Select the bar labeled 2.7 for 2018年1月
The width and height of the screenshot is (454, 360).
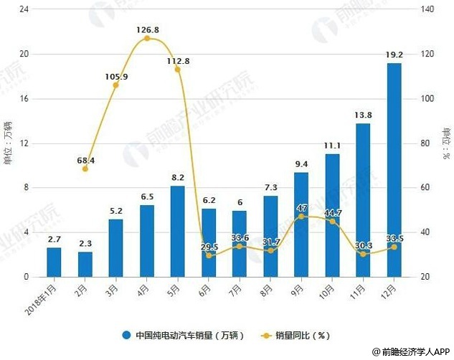[54, 262]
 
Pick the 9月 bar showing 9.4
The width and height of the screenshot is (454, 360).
[301, 224]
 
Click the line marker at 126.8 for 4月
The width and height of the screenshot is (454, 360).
[146, 38]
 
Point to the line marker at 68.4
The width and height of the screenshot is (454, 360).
[85, 169]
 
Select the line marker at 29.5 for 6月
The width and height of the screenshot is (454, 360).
[209, 255]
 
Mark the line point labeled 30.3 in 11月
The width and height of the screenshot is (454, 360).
[363, 254]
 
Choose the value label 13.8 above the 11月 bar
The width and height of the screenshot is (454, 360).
[363, 115]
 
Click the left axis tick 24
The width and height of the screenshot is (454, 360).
[24, 10]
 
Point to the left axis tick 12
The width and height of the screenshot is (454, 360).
[24, 143]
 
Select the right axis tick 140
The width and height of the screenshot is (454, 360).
[428, 10]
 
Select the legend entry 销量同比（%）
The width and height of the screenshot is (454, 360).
[301, 335]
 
